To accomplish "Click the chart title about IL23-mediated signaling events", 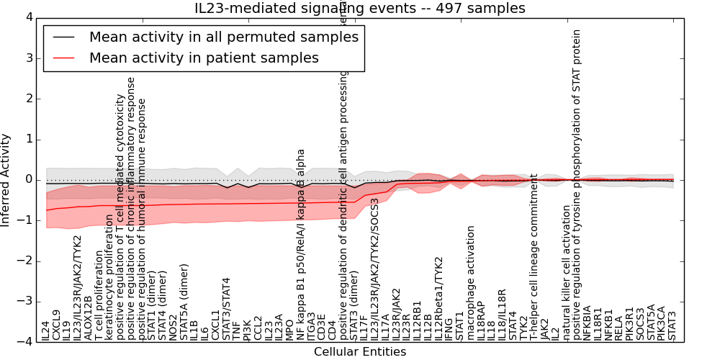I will click(360, 9).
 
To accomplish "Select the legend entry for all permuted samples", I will click(222, 37).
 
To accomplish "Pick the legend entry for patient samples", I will click(204, 58).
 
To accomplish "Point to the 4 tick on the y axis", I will click(28, 17).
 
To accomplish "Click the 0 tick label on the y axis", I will click(28, 180).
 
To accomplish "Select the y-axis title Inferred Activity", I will click(6, 180).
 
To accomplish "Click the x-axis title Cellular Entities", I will click(360, 352).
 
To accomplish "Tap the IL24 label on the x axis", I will click(47, 331).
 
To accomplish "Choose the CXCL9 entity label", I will click(57, 325).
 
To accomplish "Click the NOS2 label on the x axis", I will click(174, 328).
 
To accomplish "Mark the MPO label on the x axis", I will click(289, 330).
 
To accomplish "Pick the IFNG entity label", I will click(449, 329).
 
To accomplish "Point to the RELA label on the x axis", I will click(619, 328).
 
